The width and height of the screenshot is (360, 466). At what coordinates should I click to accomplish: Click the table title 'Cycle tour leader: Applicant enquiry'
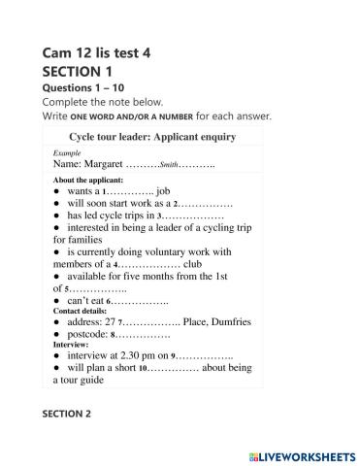pyautogui.click(x=153, y=137)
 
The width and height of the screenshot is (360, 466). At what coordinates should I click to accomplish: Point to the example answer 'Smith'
pyautogui.click(x=169, y=166)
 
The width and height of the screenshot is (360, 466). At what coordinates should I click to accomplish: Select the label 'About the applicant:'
pyautogui.click(x=88, y=181)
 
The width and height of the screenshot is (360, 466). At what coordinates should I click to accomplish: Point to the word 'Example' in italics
pyautogui.click(x=67, y=154)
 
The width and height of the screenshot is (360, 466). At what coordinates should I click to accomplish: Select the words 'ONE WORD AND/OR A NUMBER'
pyautogui.click(x=132, y=116)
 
